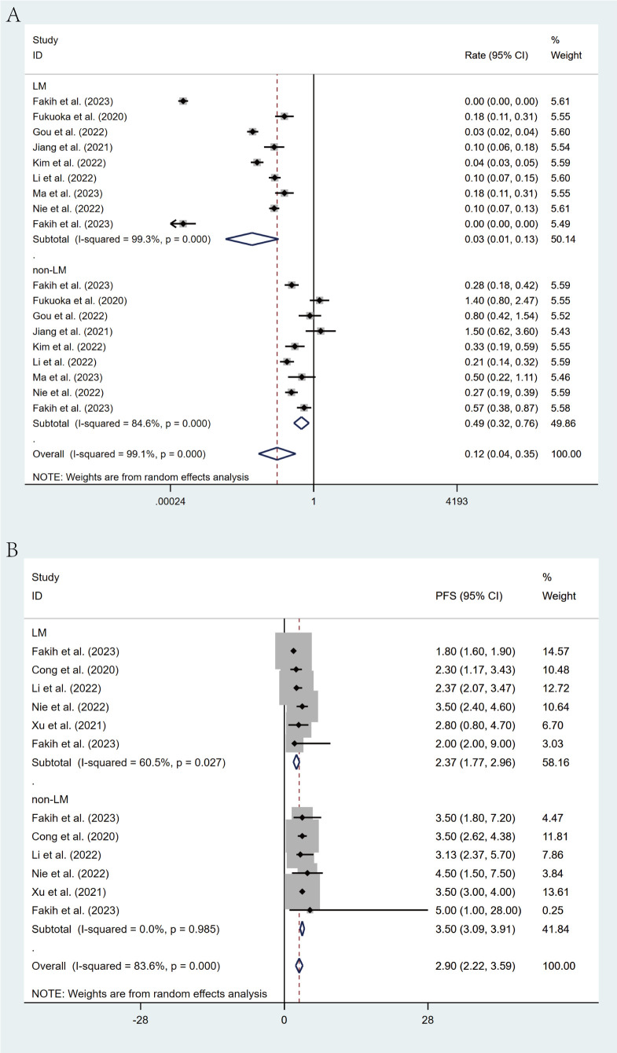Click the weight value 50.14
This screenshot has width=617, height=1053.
point(563,238)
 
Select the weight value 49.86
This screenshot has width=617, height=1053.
point(563,423)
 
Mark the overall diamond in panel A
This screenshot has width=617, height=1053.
point(277,453)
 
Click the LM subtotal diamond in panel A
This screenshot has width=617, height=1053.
point(252,238)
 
